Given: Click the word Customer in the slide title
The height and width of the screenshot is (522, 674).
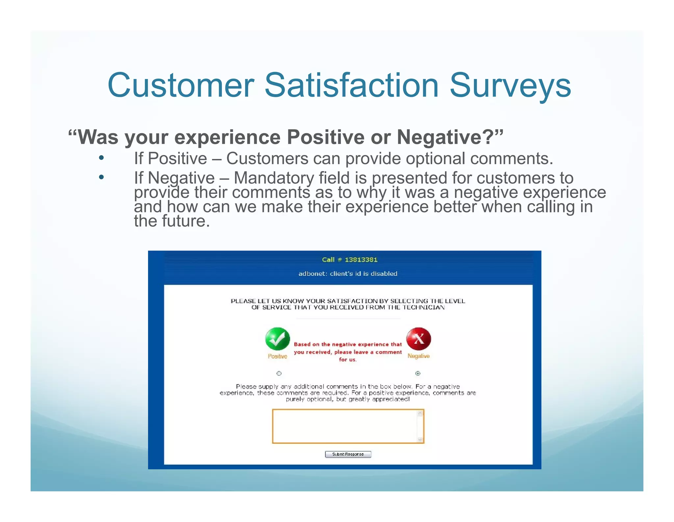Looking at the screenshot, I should [x=181, y=86].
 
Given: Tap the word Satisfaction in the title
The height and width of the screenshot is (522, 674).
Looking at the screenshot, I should [x=351, y=86].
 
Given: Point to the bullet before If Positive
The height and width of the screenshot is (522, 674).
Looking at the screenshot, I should [x=101, y=158].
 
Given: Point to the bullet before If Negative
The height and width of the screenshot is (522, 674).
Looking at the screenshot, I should [x=101, y=177].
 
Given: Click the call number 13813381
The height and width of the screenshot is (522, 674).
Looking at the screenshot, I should [x=361, y=260].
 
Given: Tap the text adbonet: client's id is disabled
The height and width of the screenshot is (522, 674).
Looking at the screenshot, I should [x=348, y=274].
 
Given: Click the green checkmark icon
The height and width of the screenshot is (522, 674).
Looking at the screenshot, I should [x=277, y=339].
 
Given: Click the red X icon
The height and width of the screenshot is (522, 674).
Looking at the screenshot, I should [x=418, y=339].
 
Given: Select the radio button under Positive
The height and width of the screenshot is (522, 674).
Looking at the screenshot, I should [x=279, y=373].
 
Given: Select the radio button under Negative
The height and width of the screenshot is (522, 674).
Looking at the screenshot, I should [x=418, y=373].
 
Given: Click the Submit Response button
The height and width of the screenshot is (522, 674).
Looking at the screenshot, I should [x=348, y=454].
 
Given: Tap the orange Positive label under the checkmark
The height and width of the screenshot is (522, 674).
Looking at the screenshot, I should [x=277, y=356].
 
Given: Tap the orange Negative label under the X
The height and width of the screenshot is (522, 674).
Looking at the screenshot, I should [x=418, y=356].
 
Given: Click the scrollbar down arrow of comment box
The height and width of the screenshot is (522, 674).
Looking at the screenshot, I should [x=420, y=440].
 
